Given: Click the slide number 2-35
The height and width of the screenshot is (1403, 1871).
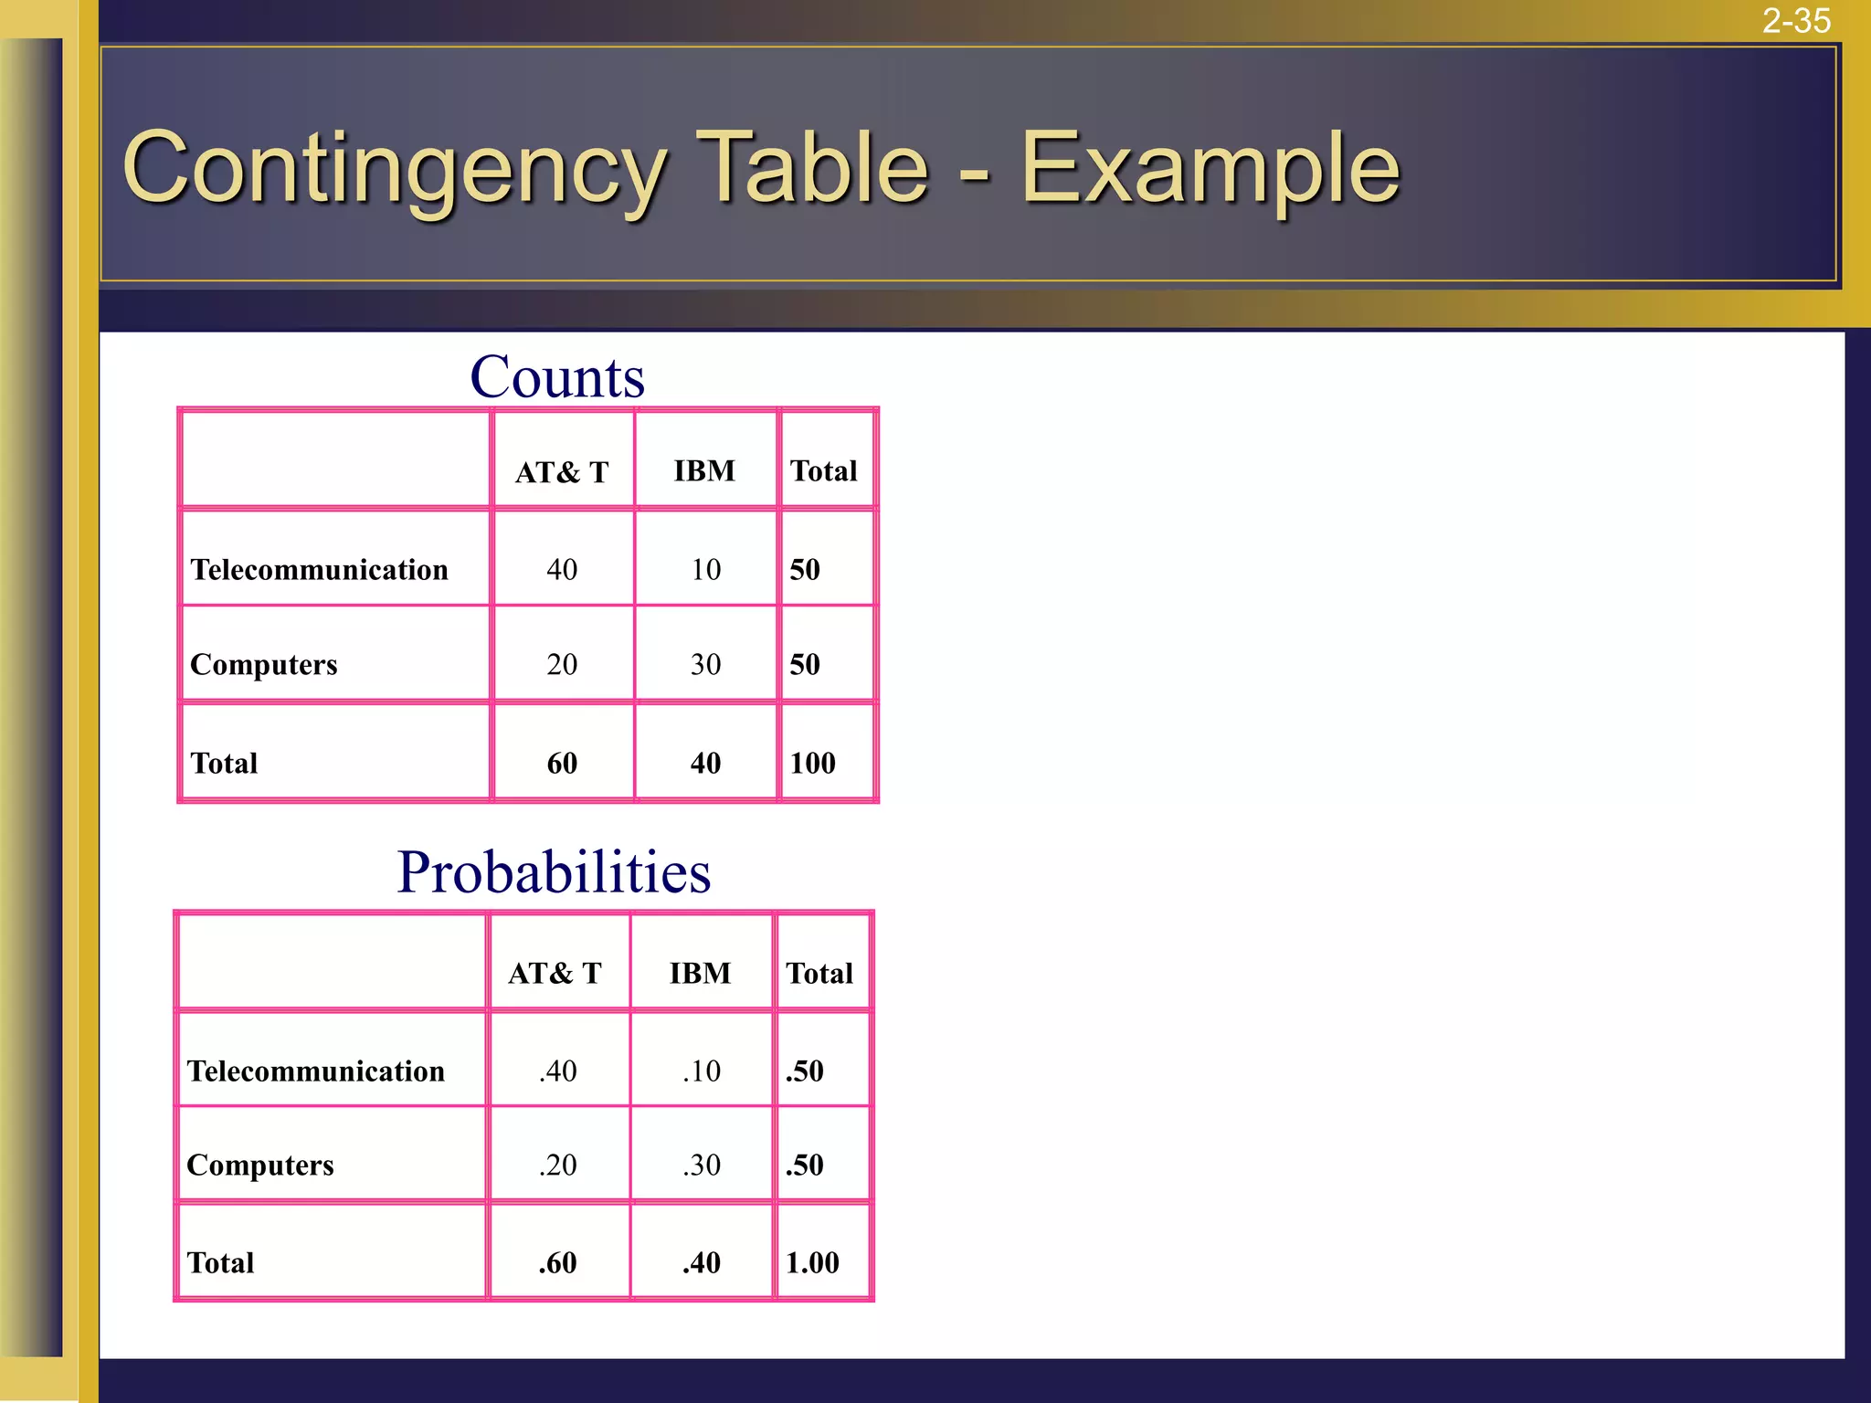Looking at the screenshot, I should (1795, 21).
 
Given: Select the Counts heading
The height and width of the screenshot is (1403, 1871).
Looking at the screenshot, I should (557, 376).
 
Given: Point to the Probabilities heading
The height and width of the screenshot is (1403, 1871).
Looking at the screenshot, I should (554, 871).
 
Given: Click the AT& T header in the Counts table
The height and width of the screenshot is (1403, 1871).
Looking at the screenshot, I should (562, 471).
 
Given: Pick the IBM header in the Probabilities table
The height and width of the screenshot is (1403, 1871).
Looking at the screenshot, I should (700, 973).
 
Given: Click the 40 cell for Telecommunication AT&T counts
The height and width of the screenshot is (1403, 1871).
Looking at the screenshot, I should (562, 569).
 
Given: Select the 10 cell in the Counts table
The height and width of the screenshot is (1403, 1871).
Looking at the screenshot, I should (705, 569).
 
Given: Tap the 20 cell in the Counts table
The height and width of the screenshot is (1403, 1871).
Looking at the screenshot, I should (562, 664).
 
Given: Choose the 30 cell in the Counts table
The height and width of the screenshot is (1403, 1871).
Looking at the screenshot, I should (705, 664).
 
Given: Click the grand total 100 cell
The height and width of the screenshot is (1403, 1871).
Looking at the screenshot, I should (812, 763).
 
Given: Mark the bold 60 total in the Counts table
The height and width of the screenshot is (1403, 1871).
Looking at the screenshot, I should (562, 763).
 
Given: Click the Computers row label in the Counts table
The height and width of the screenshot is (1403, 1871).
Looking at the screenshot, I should (264, 664).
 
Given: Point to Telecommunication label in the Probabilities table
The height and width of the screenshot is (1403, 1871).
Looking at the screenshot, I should (316, 1071).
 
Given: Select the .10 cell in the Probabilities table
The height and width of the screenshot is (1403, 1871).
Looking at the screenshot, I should (702, 1071).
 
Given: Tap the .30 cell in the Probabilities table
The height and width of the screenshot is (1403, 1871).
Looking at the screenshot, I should (702, 1165).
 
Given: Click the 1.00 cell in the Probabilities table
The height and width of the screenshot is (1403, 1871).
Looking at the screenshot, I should (812, 1262).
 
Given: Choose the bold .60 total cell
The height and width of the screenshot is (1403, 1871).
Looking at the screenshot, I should (557, 1262).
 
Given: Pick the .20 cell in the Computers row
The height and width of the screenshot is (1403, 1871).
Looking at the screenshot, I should (557, 1165).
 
